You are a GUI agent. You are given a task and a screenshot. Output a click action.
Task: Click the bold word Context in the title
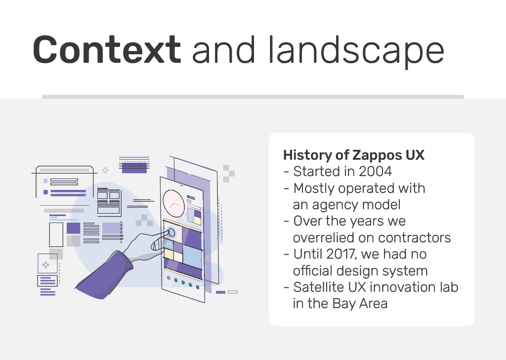107,49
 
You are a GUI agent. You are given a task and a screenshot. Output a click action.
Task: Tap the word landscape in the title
357,51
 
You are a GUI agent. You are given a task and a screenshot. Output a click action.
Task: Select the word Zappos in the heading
377,156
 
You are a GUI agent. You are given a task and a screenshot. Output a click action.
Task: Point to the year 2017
341,254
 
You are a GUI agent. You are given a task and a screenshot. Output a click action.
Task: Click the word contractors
415,238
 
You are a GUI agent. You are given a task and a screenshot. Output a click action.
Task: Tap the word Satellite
316,287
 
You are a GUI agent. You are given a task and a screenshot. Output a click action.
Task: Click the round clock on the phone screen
173,203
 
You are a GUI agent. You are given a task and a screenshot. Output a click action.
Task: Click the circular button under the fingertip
171,232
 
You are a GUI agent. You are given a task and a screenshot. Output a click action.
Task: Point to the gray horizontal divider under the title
253,96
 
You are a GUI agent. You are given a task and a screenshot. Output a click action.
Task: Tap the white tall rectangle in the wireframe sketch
56,234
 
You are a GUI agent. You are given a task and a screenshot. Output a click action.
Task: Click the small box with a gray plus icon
47,264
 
